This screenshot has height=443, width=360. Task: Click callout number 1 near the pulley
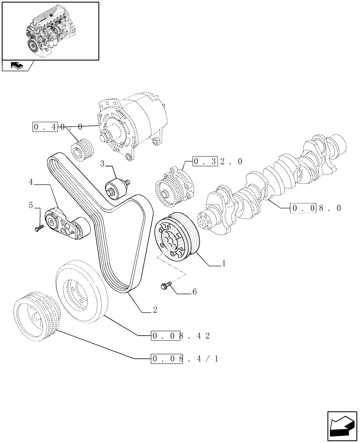point(224,263)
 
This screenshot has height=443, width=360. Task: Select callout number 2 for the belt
point(155,310)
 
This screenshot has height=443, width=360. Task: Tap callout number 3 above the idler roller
point(102,164)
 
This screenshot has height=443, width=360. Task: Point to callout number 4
point(31,182)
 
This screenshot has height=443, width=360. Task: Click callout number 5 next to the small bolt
point(31,205)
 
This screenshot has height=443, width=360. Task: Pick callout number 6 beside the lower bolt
point(194,291)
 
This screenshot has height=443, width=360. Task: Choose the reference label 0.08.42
point(180,335)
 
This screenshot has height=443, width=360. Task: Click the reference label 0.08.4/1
point(184,358)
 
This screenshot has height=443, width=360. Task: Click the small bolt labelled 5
point(39,228)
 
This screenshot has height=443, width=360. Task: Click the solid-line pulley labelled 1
point(176,237)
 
